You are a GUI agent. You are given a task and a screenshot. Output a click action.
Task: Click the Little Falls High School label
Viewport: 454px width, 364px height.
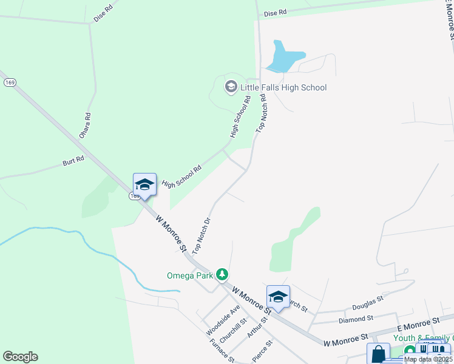pyautogui.click(x=283, y=87)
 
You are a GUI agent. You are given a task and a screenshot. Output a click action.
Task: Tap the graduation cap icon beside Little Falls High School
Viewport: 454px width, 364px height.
pyautogui.click(x=231, y=87)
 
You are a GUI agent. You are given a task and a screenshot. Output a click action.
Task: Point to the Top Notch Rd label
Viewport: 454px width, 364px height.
pyautogui.click(x=262, y=113)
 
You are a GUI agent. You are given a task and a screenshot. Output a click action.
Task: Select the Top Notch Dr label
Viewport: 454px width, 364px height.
pyautogui.click(x=201, y=235)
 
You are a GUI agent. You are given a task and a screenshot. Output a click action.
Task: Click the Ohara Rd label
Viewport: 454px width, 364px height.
pyautogui.click(x=84, y=124)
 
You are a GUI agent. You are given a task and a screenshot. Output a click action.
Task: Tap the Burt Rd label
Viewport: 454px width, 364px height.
pyautogui.click(x=73, y=163)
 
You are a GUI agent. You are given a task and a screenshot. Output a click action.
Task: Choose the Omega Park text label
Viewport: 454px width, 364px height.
pyautogui.click(x=190, y=275)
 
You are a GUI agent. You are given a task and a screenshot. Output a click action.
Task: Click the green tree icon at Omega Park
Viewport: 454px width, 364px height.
pyautogui.click(x=223, y=275)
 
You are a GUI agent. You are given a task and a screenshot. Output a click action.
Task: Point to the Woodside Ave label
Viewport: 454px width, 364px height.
pyautogui.click(x=214, y=320)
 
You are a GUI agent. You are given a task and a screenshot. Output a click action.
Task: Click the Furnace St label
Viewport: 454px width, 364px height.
pyautogui.click(x=222, y=350)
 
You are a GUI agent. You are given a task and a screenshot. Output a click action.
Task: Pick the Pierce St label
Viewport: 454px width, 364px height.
pyautogui.click(x=262, y=351)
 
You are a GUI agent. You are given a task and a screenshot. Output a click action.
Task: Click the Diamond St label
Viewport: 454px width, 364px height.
pyautogui.click(x=356, y=318)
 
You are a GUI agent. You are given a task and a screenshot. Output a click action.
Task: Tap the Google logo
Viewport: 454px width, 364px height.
pyautogui.click(x=20, y=357)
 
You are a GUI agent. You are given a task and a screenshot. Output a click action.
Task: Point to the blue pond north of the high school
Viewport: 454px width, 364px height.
pyautogui.click(x=283, y=58)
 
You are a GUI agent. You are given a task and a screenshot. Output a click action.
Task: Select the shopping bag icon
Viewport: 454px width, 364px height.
pyautogui.click(x=378, y=354)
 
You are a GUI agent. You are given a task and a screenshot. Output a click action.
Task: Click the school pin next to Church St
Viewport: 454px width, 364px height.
pyautogui.click(x=278, y=297)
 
